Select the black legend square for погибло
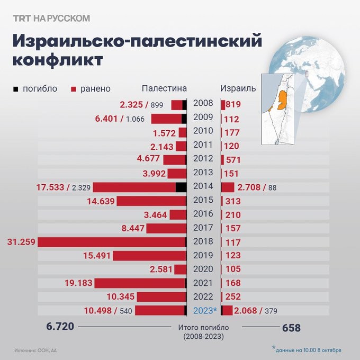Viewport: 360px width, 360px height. tap(15, 88)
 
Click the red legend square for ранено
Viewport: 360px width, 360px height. tap(74, 88)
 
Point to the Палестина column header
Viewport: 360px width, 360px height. tap(164, 88)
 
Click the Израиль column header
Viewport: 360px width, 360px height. tap(238, 88)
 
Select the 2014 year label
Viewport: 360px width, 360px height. tap(203, 186)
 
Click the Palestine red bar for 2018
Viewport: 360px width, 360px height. tap(111, 242)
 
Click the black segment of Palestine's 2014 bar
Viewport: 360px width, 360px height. tap(181, 187)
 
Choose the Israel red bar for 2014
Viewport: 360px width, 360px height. tap(228, 187)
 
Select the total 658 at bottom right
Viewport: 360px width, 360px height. tap(291, 328)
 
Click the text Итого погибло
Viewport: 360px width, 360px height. tap(203, 329)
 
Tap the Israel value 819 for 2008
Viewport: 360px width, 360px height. tap(233, 104)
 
